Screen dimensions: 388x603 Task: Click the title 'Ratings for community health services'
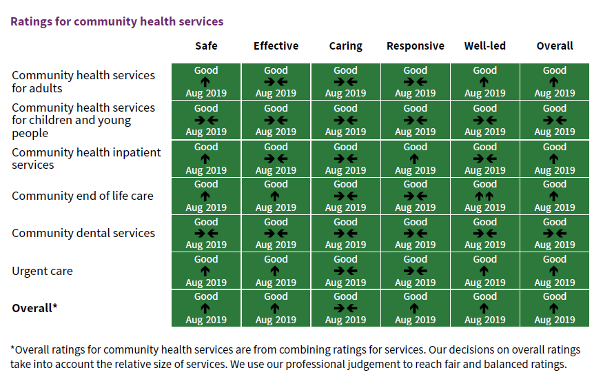[116, 21]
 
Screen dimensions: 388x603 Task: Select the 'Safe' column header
[206, 46]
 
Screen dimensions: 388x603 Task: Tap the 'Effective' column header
[276, 46]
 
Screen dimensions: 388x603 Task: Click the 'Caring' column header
[345, 46]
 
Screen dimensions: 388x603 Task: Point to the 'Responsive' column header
[415, 46]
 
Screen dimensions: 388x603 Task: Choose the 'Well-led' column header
[484, 46]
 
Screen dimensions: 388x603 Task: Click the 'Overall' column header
[554, 46]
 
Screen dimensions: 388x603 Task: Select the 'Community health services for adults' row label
[83, 82]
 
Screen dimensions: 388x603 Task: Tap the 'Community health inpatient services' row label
[86, 159]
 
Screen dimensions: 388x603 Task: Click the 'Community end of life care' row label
[82, 196]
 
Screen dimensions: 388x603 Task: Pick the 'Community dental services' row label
[83, 234]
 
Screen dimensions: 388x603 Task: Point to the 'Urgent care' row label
[42, 272]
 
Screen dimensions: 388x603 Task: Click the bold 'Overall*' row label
[34, 309]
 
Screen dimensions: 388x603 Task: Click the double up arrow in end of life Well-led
[484, 196]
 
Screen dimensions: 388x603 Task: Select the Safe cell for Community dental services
[206, 234]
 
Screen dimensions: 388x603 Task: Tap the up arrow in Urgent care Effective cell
[276, 272]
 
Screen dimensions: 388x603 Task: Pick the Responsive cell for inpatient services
[415, 159]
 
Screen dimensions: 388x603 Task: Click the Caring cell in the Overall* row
[345, 308]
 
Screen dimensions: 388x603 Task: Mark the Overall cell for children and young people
[554, 120]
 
